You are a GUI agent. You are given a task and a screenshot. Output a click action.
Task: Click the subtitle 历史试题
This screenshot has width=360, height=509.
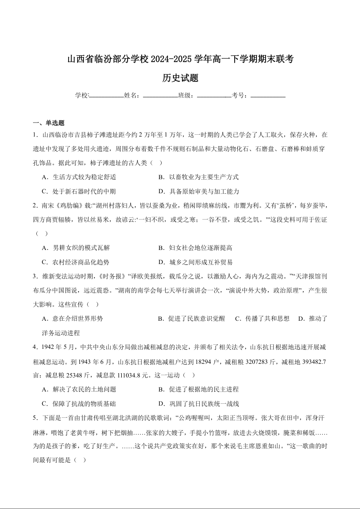pos(180,78)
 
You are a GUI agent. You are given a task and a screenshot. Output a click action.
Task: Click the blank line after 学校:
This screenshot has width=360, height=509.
pos(107,96)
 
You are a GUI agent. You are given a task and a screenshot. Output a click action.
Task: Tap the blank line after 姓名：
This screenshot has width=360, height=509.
pos(160,96)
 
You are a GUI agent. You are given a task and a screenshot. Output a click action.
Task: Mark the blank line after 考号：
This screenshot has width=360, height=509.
pos(268,96)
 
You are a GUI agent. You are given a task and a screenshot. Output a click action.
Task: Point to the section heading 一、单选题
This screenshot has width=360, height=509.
pos(49,123)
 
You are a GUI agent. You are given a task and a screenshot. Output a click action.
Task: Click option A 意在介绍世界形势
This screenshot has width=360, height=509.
pos(72,318)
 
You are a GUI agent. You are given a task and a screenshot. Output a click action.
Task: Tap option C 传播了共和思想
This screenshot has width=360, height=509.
pos(262,318)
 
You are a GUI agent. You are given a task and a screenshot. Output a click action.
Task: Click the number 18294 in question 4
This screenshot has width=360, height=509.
pos(211,361)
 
